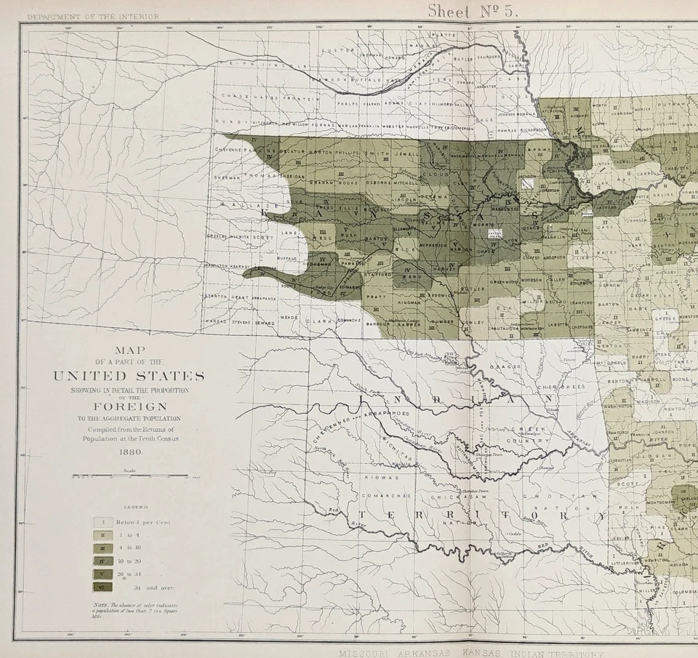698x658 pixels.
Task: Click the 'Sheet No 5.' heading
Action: [x=472, y=11]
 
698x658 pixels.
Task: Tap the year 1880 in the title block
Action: [x=129, y=452]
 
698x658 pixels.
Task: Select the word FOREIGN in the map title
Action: [x=129, y=406]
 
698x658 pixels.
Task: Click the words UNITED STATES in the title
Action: [x=129, y=376]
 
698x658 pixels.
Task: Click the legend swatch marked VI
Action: [x=103, y=587]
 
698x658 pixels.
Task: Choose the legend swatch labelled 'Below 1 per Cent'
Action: [x=103, y=522]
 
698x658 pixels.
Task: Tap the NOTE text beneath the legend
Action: [x=135, y=609]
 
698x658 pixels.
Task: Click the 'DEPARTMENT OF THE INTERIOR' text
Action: [x=93, y=16]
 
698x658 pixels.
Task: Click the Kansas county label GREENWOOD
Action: [x=503, y=281]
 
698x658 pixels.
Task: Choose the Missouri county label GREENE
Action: [x=664, y=318]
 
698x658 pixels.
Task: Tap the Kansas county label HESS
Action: [x=322, y=238]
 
